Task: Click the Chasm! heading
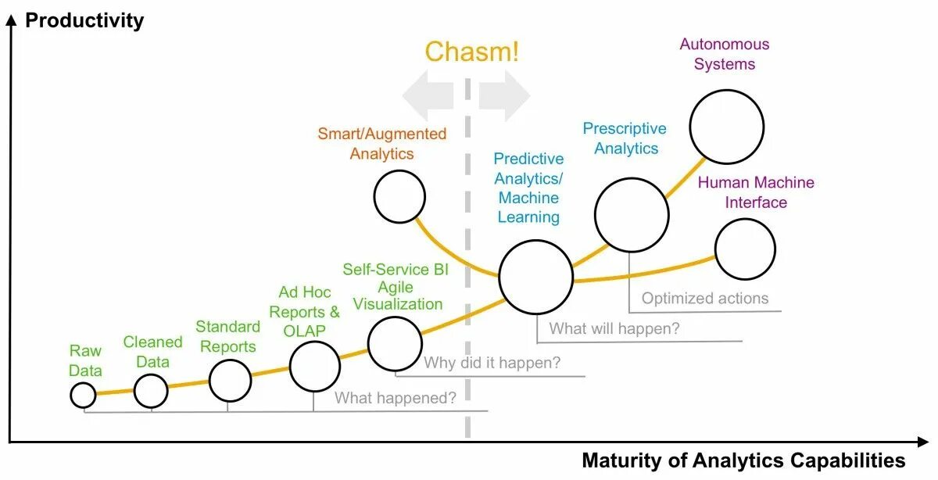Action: pyautogui.click(x=471, y=52)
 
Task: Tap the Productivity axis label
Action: pyautogui.click(x=84, y=20)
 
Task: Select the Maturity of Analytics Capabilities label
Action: pyautogui.click(x=743, y=460)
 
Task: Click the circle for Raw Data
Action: pyautogui.click(x=83, y=396)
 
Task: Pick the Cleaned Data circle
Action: pyautogui.click(x=151, y=391)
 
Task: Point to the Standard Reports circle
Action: pyautogui.click(x=230, y=381)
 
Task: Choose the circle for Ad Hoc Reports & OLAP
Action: pyautogui.click(x=315, y=366)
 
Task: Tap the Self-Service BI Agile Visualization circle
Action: pyautogui.click(x=395, y=344)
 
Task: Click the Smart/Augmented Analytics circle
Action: pyautogui.click(x=399, y=197)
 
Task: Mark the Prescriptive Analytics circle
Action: pyautogui.click(x=632, y=214)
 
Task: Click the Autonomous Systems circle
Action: pyautogui.click(x=726, y=127)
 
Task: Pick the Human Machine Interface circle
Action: pyautogui.click(x=745, y=249)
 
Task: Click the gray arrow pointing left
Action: pyautogui.click(x=428, y=95)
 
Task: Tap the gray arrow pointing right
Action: pyautogui.click(x=505, y=95)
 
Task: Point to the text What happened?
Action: pyautogui.click(x=396, y=398)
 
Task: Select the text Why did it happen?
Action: pyautogui.click(x=492, y=364)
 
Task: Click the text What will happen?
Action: pyautogui.click(x=614, y=329)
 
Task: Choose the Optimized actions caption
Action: pyautogui.click(x=705, y=299)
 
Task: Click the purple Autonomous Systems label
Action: pyautogui.click(x=725, y=54)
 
